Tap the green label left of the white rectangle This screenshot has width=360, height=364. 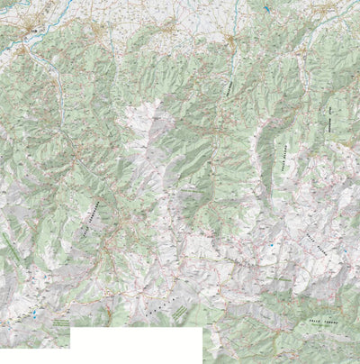pos(59,322)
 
